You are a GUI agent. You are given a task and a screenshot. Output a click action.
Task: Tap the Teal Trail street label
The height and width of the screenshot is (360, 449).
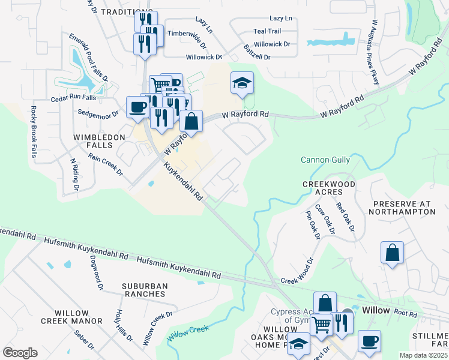click(x=268, y=31)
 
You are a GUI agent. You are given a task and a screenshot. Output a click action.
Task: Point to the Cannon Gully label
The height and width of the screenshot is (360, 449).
click(x=325, y=160)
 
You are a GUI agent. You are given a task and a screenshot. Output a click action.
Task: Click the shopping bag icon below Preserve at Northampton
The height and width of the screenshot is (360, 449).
click(x=392, y=253)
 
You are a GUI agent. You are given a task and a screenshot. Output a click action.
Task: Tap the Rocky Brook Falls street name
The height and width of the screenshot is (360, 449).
click(x=34, y=131)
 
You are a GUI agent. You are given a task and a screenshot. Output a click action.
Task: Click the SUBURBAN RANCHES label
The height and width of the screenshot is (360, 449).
click(x=143, y=290)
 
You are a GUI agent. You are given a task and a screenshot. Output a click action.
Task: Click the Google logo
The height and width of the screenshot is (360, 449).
click(x=20, y=352)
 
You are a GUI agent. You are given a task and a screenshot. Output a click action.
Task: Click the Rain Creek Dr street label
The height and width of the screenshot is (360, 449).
click(x=105, y=163)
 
